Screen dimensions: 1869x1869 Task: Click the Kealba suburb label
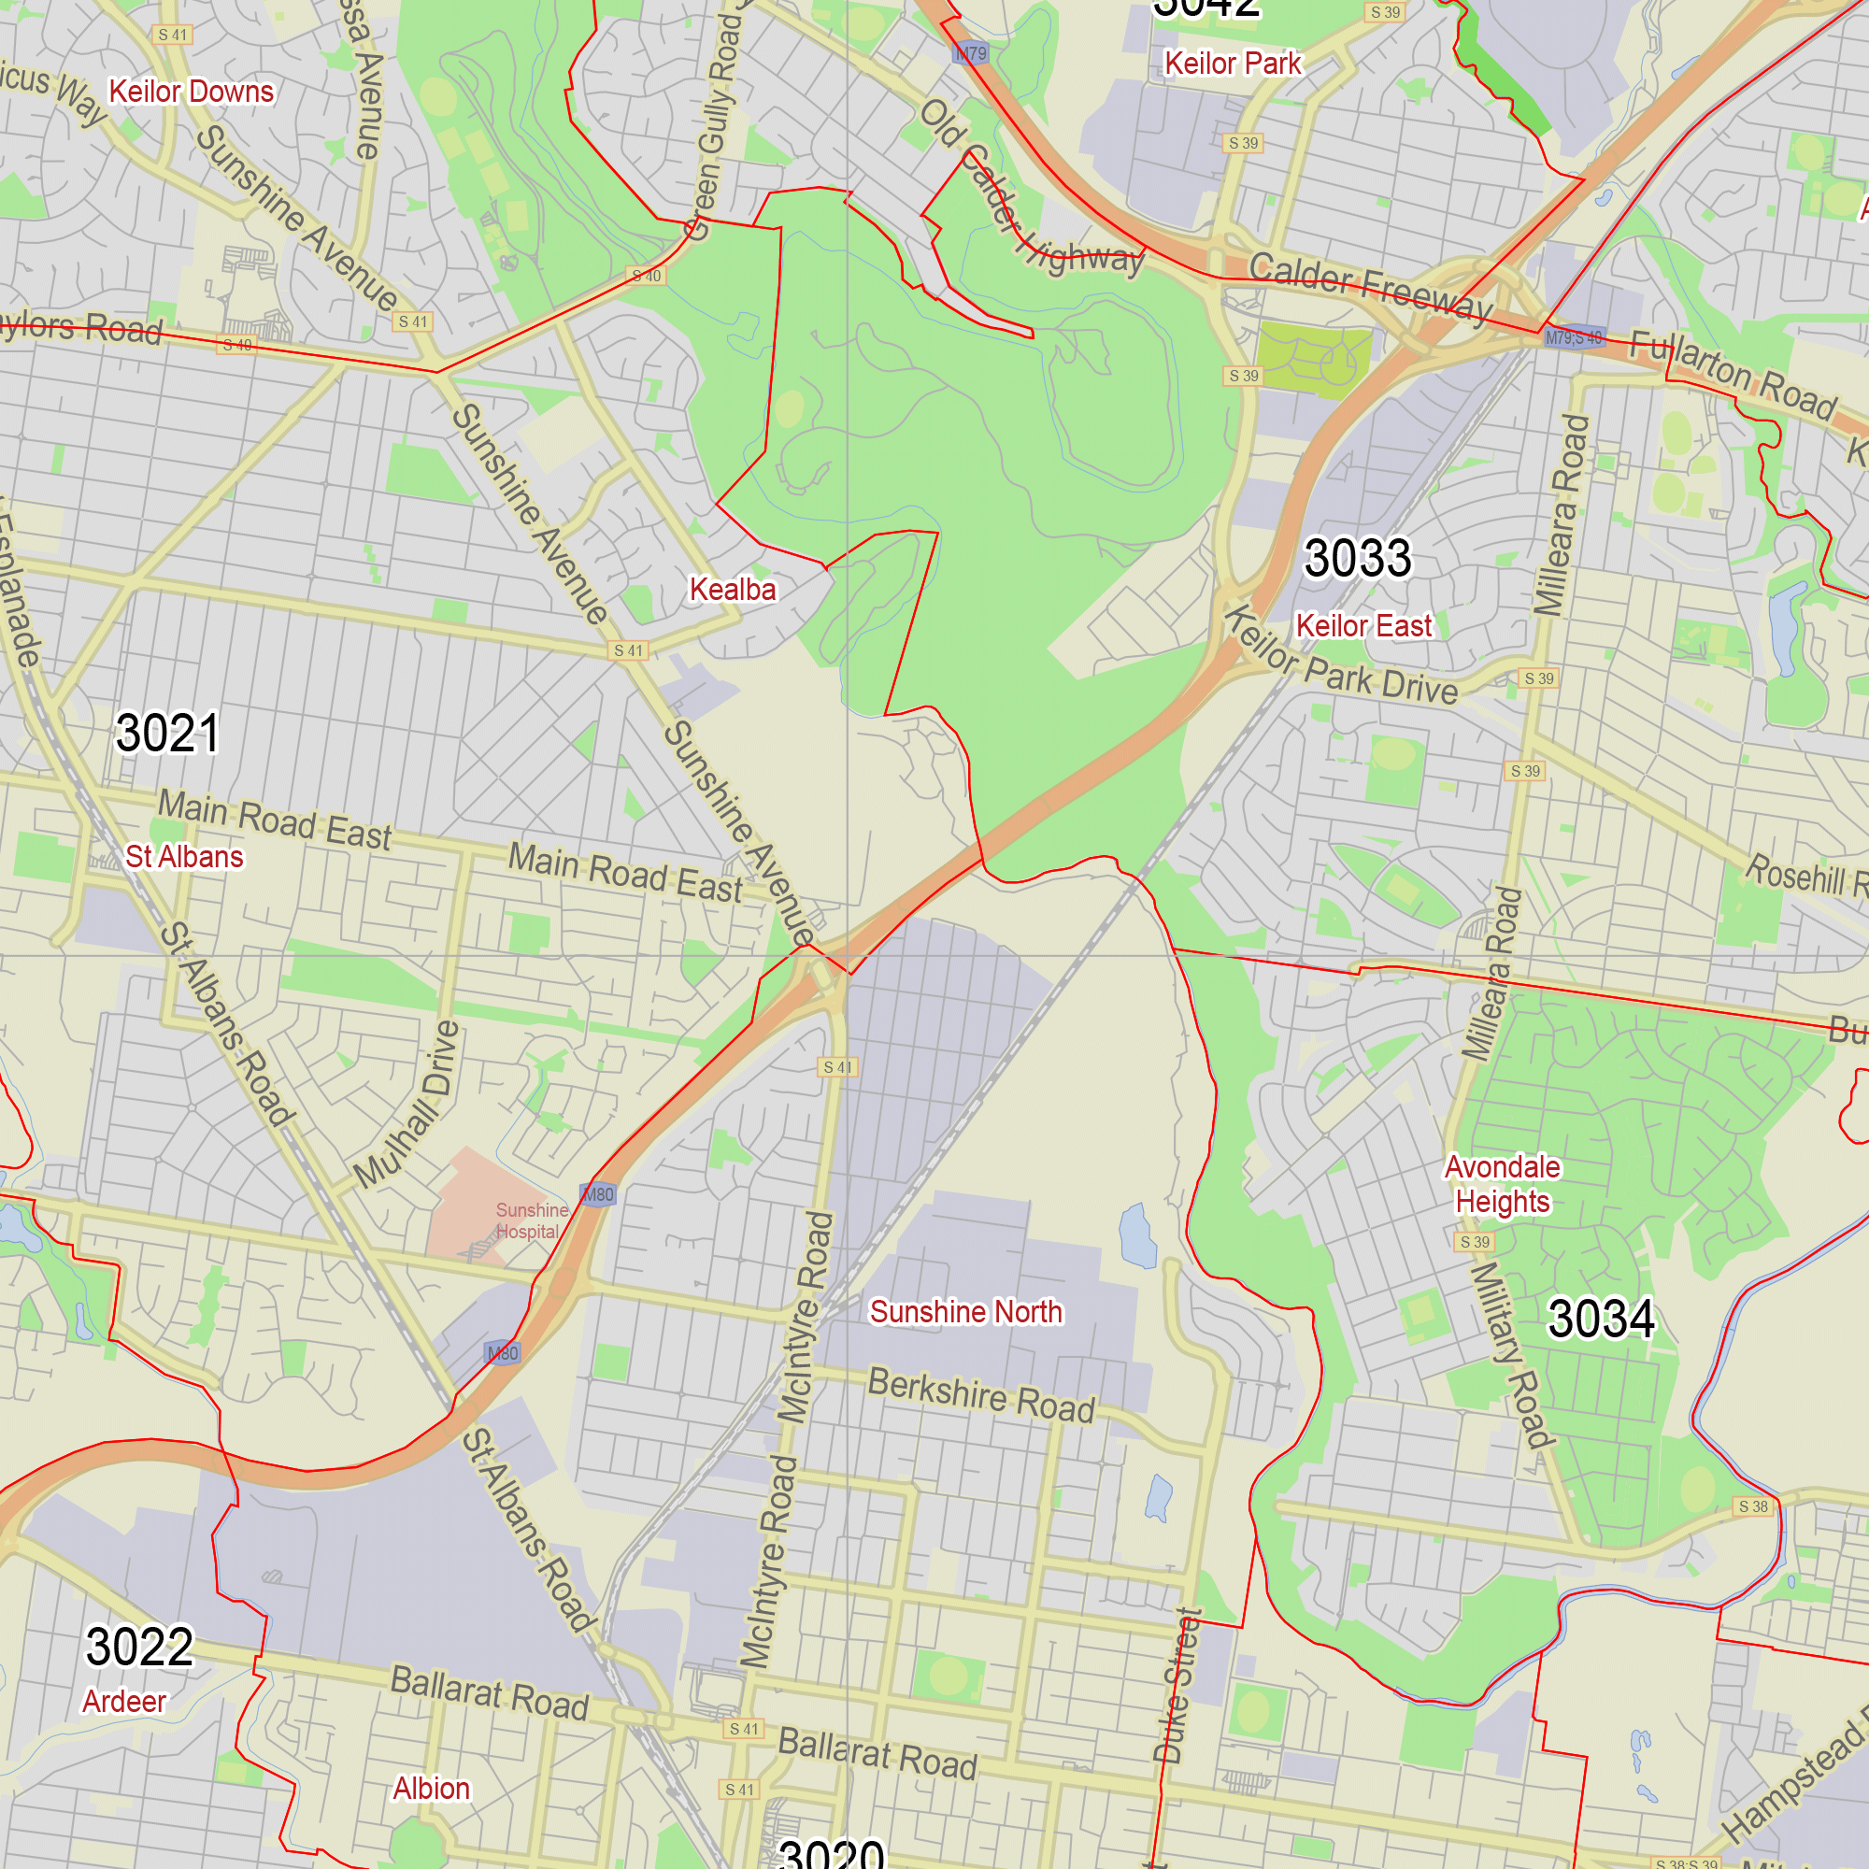(x=733, y=589)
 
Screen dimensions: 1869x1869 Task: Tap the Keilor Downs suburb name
(x=192, y=92)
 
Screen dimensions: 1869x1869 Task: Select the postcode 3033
(x=1357, y=558)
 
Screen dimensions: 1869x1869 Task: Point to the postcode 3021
(x=167, y=733)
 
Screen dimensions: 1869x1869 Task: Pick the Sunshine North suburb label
(x=965, y=1312)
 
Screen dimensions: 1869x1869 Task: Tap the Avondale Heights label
(x=1503, y=1184)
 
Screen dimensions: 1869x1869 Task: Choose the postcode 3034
(x=1601, y=1319)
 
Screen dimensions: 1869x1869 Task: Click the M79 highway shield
(x=970, y=53)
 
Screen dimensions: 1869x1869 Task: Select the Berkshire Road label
(x=981, y=1395)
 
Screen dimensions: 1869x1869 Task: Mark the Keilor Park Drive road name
(x=1341, y=658)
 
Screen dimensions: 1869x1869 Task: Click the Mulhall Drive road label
(x=407, y=1105)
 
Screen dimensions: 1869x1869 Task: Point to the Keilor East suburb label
(x=1363, y=626)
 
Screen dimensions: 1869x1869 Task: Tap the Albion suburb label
(x=432, y=1789)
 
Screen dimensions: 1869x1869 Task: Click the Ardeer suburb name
(x=124, y=1702)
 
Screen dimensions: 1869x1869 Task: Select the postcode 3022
(x=139, y=1647)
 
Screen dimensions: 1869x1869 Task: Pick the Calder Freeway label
(x=1370, y=285)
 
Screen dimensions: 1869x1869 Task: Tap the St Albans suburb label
(x=184, y=857)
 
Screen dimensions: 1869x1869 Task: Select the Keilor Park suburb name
(x=1233, y=64)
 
